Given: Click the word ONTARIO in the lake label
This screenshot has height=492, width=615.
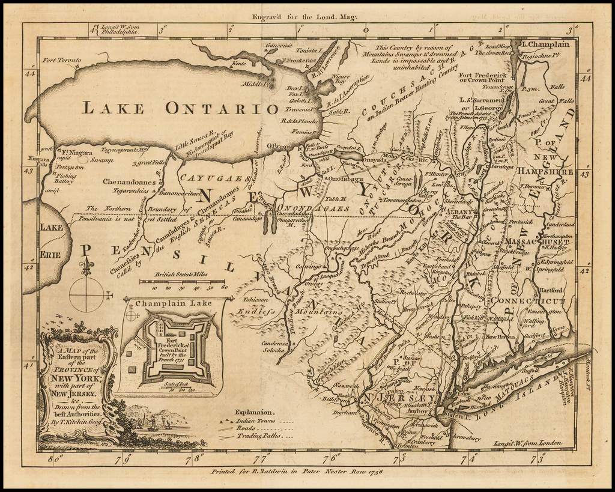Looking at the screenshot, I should [222, 108].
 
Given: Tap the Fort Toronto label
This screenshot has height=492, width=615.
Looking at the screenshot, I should [61, 60].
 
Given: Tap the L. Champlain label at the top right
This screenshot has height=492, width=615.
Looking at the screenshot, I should [545, 44].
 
